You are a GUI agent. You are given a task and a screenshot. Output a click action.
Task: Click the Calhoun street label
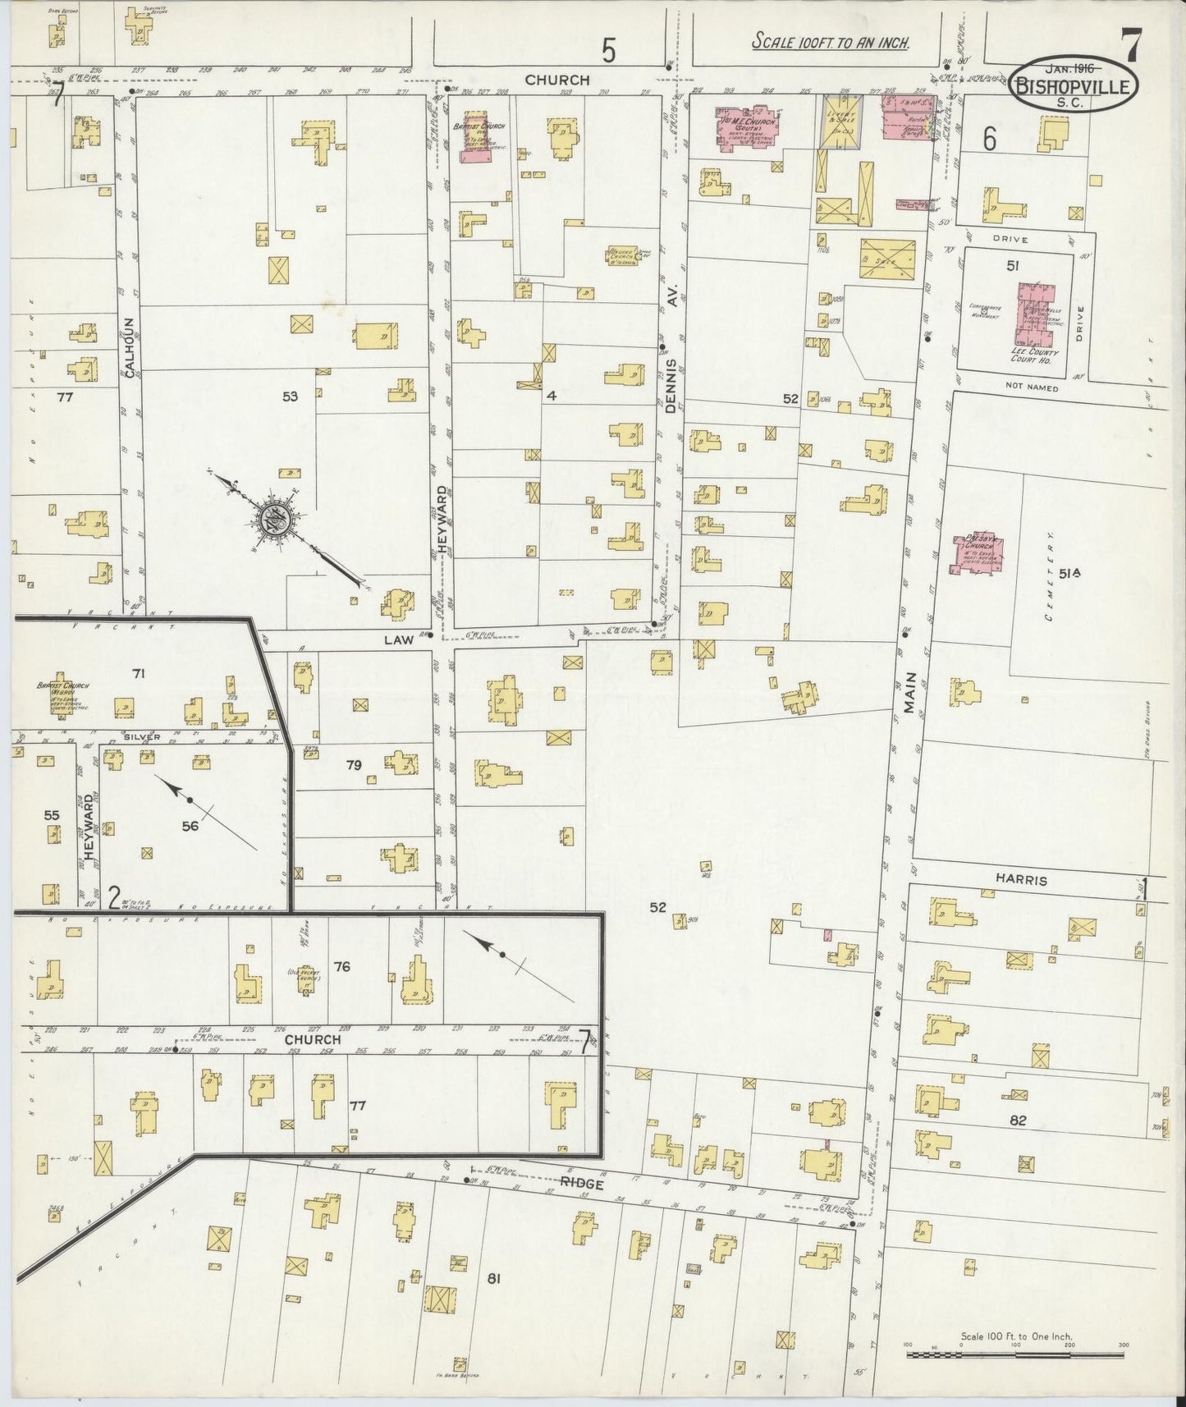click(130, 347)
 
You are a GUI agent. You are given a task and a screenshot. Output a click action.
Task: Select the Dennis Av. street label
click(671, 363)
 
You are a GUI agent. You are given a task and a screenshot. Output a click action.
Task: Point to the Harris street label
click(1023, 880)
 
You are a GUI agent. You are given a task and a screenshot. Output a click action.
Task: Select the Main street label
click(911, 694)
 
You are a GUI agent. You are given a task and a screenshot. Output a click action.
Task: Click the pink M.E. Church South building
click(749, 129)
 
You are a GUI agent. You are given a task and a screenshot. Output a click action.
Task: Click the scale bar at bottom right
click(1014, 1354)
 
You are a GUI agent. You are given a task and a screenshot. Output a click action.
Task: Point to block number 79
click(353, 765)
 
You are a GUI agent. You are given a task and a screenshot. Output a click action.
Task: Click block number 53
click(289, 396)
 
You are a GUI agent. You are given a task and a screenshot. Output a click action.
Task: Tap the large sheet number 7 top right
click(1130, 48)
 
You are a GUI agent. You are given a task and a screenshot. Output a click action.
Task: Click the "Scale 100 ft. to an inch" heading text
click(831, 43)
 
